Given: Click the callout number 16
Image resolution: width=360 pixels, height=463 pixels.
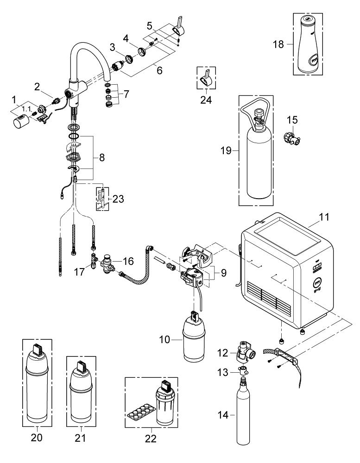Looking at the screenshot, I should pos(127,261).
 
